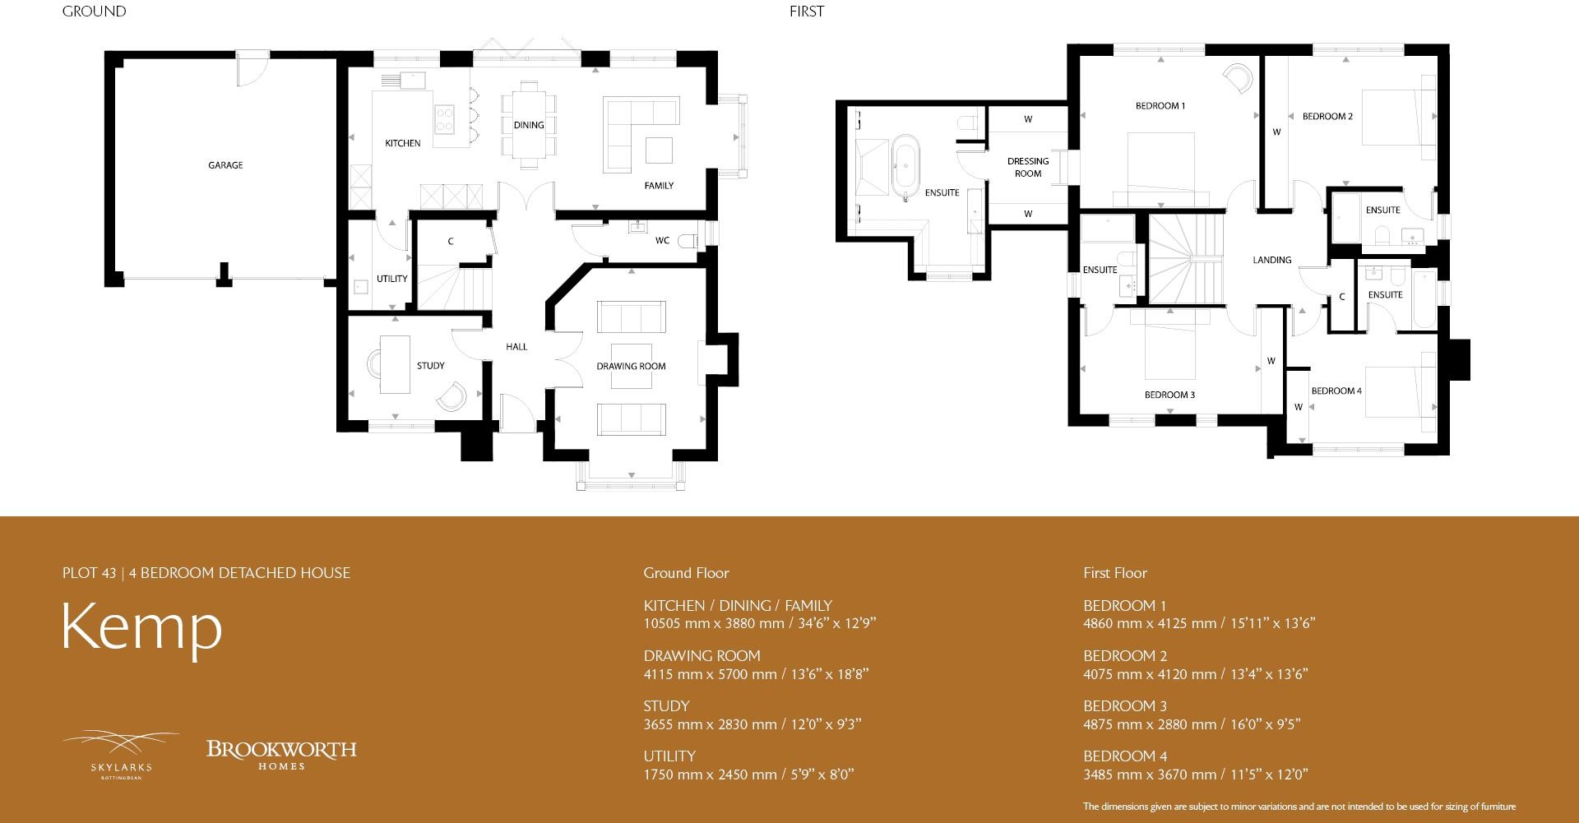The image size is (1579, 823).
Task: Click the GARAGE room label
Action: point(225,165)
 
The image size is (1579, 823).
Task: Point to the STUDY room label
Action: point(430,366)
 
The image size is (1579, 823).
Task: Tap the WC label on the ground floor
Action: point(662,241)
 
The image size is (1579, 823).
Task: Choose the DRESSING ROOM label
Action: point(1028,168)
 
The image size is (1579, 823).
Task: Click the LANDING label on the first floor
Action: point(1271,260)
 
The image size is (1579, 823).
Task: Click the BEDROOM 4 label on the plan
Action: point(1336,391)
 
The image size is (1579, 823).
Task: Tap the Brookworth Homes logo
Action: point(281,754)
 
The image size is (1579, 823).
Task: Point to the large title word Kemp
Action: point(142,629)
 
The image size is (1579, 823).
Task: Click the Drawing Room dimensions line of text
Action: point(756,674)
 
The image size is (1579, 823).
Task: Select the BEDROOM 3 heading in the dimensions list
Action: point(1125,706)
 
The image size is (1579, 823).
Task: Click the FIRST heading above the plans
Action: point(806,12)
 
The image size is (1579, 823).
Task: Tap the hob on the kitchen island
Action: point(444,118)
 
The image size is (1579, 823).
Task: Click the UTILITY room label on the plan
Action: point(391,279)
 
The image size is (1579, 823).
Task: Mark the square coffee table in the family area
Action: point(659,150)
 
